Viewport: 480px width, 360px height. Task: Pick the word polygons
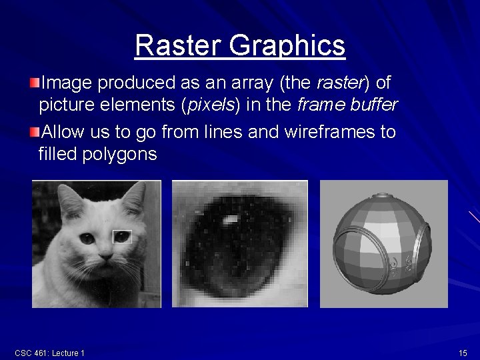[119, 155]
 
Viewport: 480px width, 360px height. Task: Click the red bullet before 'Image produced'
[35, 83]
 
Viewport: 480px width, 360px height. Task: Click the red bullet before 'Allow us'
[35, 131]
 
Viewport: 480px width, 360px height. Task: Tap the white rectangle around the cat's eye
[122, 237]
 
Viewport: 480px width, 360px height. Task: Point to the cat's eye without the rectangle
[87, 237]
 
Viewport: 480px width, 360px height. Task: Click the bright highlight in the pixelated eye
[230, 219]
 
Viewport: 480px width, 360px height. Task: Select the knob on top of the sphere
[383, 196]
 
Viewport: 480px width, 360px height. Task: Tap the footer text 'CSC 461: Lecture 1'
[49, 353]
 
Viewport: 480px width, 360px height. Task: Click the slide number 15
[463, 353]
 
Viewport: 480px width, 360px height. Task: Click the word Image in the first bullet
[67, 83]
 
